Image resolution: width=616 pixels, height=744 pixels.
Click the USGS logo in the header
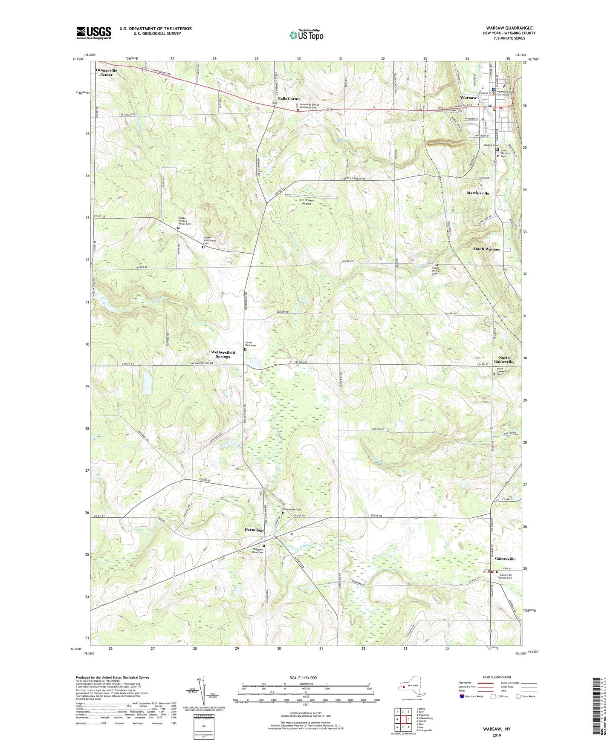click(94, 33)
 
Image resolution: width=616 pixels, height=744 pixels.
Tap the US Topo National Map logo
click(306, 35)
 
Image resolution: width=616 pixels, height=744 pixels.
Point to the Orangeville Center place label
click(106, 72)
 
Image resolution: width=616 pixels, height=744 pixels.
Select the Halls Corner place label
click(289, 99)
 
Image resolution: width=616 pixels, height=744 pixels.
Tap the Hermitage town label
click(254, 530)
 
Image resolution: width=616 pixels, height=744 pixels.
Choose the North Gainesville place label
click(504, 360)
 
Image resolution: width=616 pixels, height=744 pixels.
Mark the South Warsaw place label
click(486, 249)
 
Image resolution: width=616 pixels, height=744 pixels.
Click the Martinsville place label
click(477, 193)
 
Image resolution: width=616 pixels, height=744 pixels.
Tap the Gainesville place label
click(505, 559)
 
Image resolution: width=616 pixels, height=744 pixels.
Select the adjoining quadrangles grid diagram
click(402, 720)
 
